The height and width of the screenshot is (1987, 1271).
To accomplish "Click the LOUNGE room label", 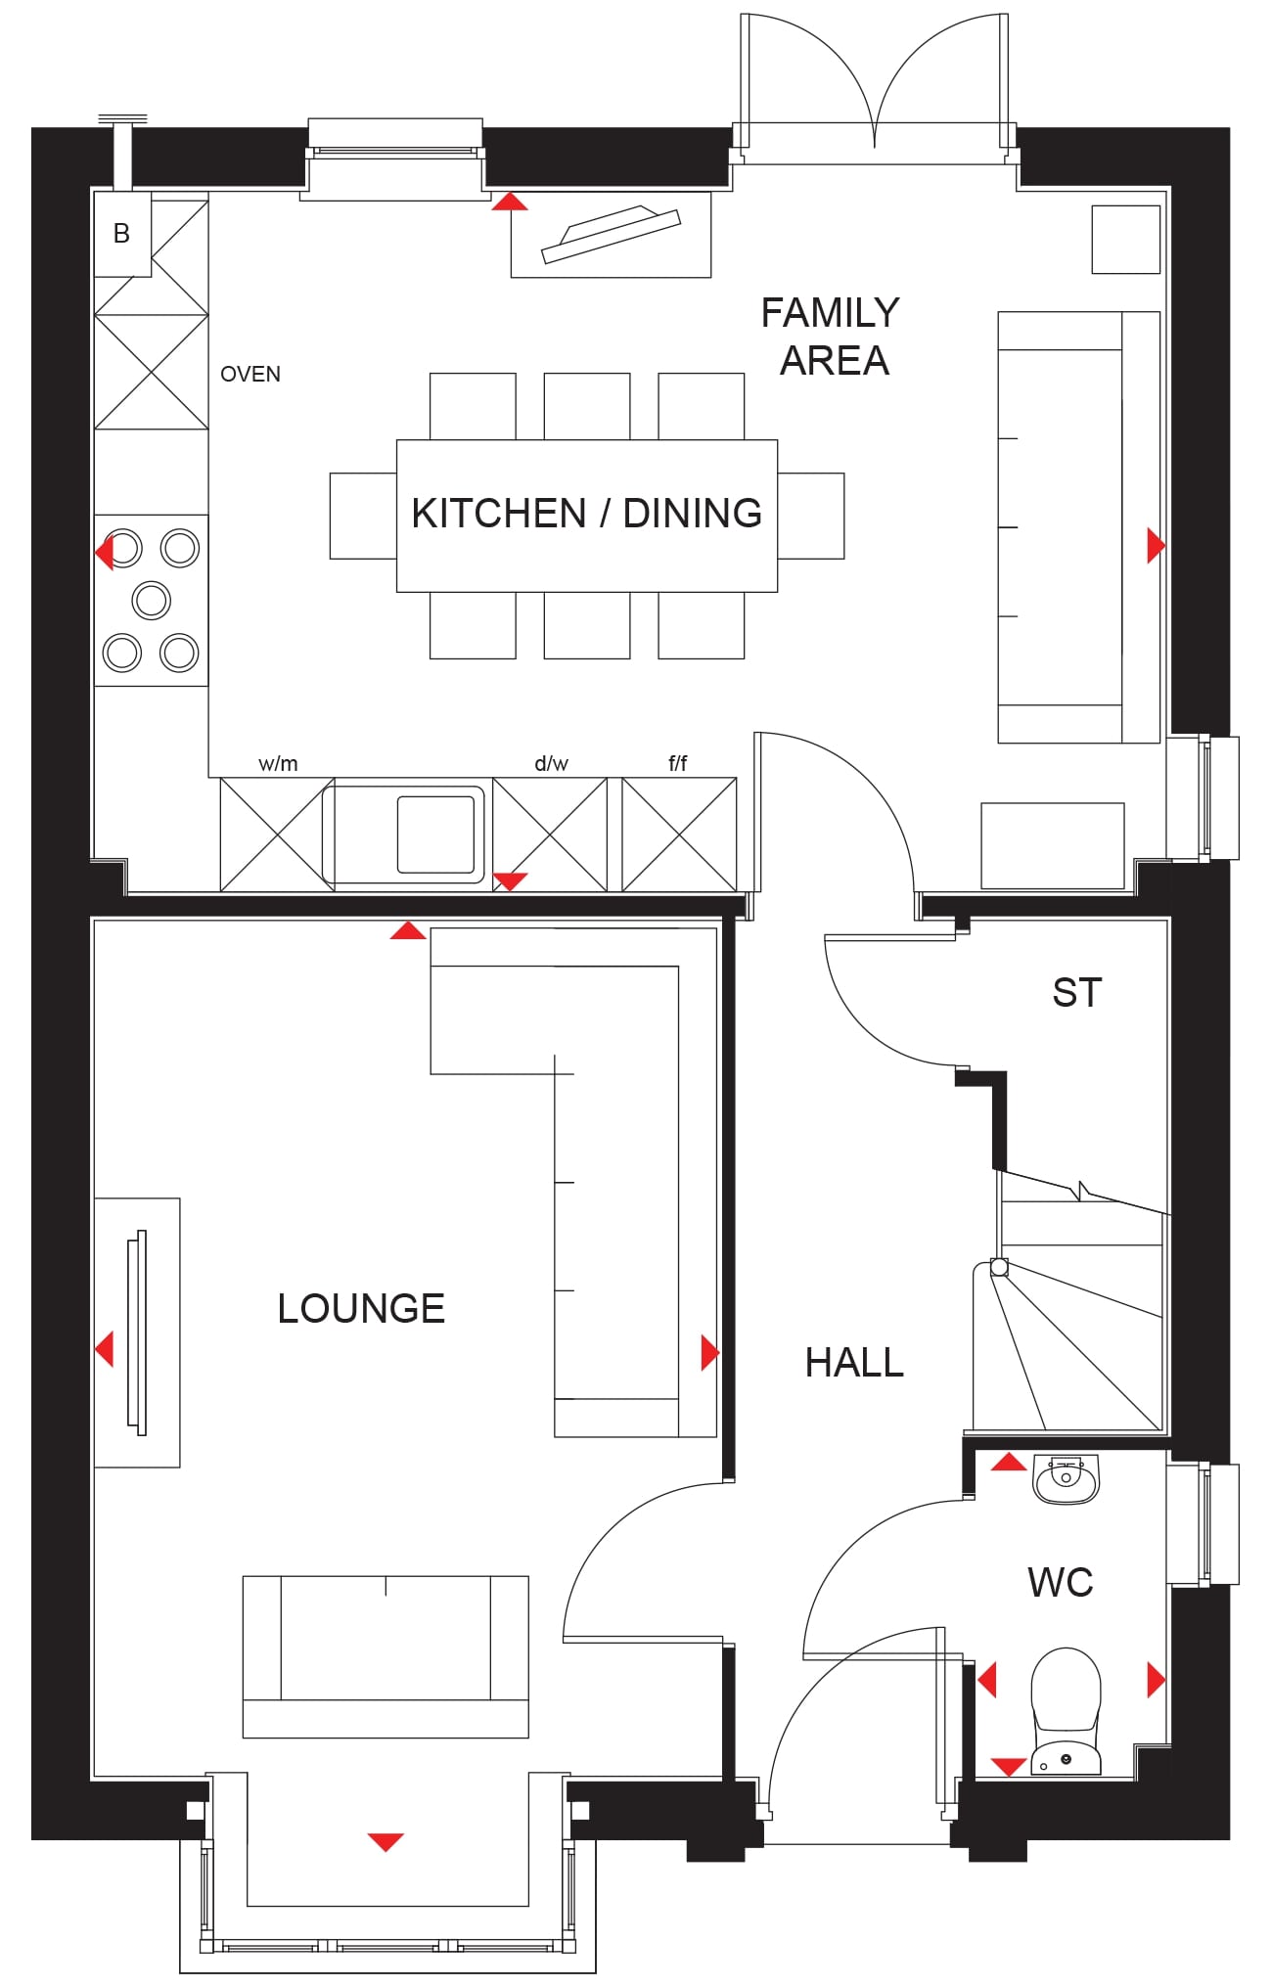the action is (x=361, y=1309).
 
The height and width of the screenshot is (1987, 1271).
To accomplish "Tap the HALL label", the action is (x=854, y=1363).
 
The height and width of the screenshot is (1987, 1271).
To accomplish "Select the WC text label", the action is (x=1061, y=1582).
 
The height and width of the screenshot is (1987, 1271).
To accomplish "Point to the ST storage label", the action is (x=1077, y=993).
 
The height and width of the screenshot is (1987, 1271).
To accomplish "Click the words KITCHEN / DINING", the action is (x=587, y=514).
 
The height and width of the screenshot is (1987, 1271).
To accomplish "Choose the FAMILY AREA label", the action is (x=831, y=337).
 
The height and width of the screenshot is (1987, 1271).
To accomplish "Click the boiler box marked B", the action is (x=122, y=234).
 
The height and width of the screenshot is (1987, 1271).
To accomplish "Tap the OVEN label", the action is (x=250, y=375).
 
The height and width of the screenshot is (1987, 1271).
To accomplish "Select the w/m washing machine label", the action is (x=278, y=764).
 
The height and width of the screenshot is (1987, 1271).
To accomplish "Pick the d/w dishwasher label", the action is (x=551, y=764).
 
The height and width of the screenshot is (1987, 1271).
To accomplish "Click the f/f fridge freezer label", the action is (x=678, y=763).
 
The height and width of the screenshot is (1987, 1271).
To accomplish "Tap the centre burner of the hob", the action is (x=152, y=600).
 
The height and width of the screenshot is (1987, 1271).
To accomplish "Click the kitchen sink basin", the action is (x=435, y=834).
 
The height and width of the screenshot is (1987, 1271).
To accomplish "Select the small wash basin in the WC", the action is (x=1067, y=1480).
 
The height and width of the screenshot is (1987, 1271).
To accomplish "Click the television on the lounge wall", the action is (x=138, y=1332).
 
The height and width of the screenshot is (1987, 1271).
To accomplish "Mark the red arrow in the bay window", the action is (x=386, y=1842).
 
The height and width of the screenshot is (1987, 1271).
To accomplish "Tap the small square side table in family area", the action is (x=1126, y=240).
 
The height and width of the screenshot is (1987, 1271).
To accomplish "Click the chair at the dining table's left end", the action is (x=363, y=516).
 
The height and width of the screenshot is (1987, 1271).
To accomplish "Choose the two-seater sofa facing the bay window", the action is (x=386, y=1656).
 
